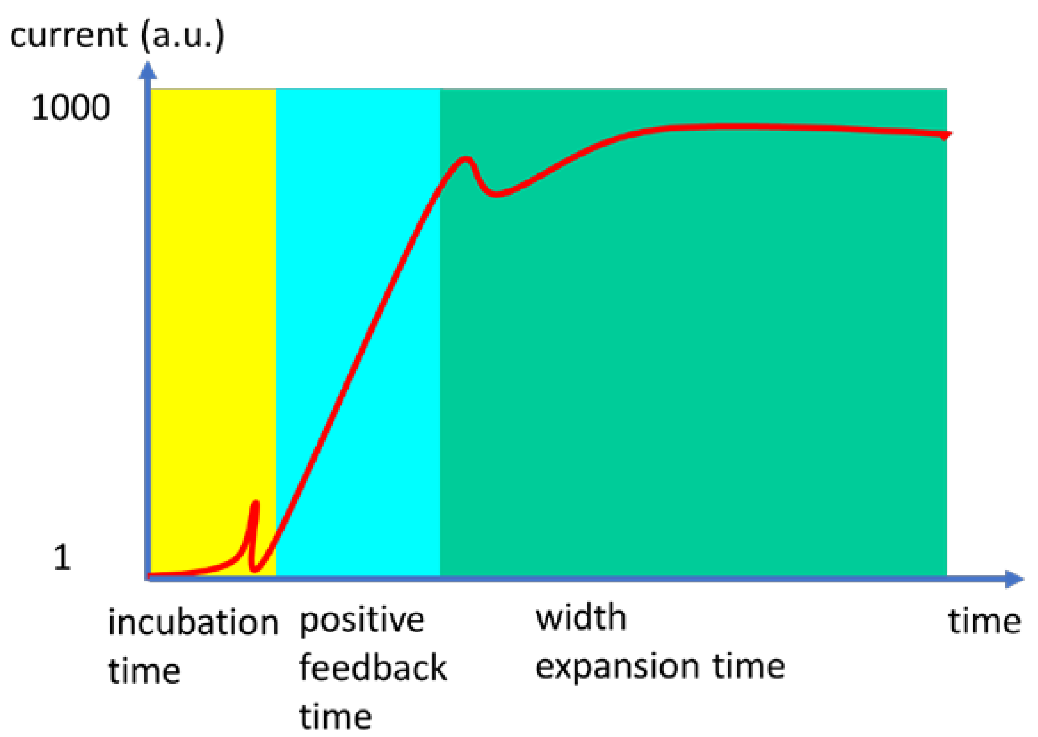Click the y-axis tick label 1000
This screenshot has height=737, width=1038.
tap(71, 108)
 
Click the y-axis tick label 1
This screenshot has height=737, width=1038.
tap(63, 557)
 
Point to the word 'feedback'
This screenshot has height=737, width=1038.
tap(373, 667)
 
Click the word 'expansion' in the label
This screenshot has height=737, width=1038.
tap(617, 667)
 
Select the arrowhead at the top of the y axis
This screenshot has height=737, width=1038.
tap(148, 70)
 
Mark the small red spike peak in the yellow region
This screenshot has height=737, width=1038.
tap(256, 503)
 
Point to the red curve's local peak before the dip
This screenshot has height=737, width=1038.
tap(465, 158)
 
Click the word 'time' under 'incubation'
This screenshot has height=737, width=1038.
tap(144, 671)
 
